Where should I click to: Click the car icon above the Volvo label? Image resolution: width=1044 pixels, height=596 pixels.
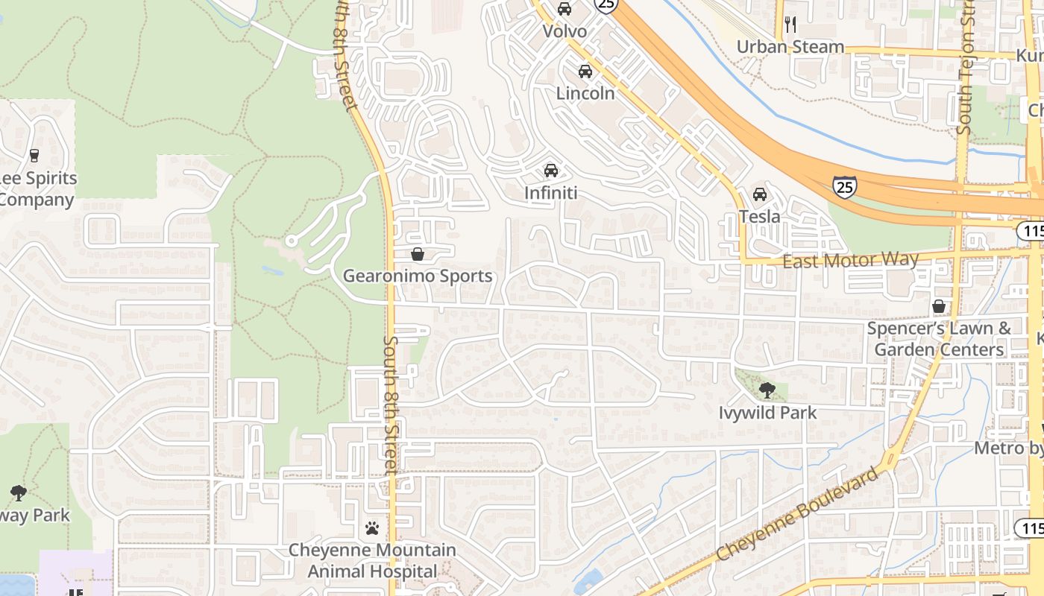(x=565, y=9)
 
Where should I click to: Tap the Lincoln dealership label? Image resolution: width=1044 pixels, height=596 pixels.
(x=585, y=93)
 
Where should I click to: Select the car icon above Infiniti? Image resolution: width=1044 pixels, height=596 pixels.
(x=551, y=171)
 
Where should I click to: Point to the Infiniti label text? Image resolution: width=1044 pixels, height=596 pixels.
(x=551, y=193)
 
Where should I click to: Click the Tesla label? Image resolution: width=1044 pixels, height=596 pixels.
(x=759, y=217)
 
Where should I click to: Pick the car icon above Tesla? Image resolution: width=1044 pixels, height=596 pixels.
(x=760, y=194)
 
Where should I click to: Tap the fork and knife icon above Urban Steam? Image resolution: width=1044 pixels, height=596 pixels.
(x=790, y=25)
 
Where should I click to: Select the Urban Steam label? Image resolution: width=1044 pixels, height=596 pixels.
(x=790, y=47)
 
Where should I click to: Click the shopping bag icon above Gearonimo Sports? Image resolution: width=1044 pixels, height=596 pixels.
(x=418, y=254)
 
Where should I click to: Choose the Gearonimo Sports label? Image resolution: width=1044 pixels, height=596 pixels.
(x=418, y=276)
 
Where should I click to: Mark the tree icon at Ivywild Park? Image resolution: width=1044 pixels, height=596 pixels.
(x=767, y=390)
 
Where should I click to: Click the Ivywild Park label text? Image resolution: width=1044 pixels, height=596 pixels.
(x=767, y=413)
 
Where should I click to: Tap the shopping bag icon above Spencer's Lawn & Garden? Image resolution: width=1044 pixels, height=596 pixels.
(x=939, y=306)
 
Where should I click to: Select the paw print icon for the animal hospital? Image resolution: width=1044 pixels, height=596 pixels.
(x=372, y=528)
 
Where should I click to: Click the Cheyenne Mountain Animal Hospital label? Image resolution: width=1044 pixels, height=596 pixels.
(x=372, y=561)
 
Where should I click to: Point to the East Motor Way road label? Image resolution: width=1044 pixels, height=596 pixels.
(x=850, y=260)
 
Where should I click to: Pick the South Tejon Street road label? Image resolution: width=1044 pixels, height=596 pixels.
(x=966, y=71)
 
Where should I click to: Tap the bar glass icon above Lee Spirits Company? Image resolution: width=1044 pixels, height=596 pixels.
(x=34, y=156)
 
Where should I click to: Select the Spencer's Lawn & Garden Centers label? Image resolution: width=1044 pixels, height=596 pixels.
(x=939, y=339)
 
